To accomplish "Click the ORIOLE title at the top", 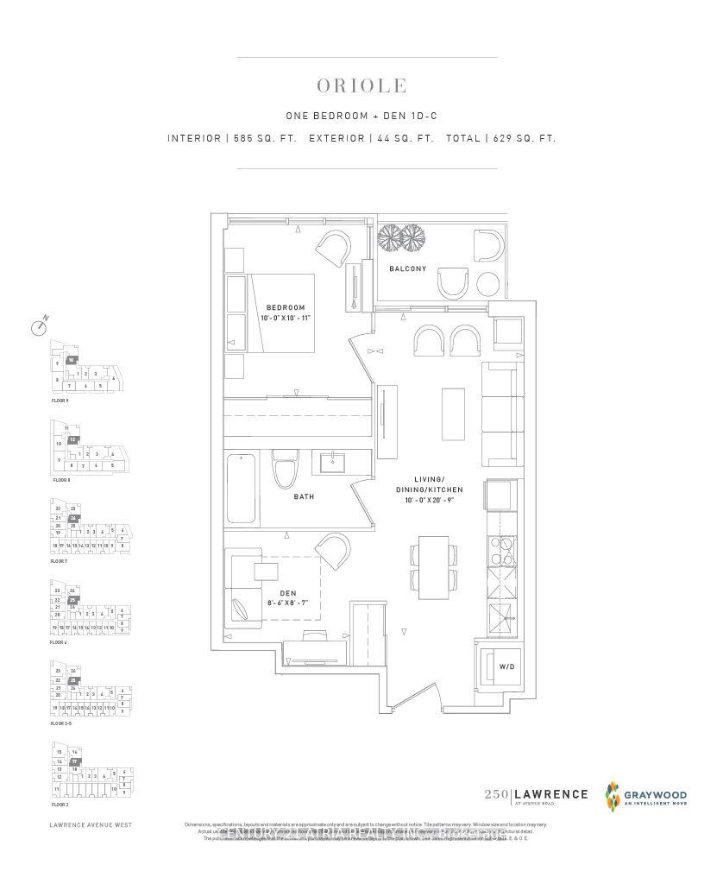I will [x=361, y=86].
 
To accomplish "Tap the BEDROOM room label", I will [x=286, y=308].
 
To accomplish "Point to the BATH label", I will [x=303, y=496].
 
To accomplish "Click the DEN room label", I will [x=275, y=593].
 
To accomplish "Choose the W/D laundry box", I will [x=500, y=666].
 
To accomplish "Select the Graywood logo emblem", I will [x=615, y=796].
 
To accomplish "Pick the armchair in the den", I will [x=332, y=550].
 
